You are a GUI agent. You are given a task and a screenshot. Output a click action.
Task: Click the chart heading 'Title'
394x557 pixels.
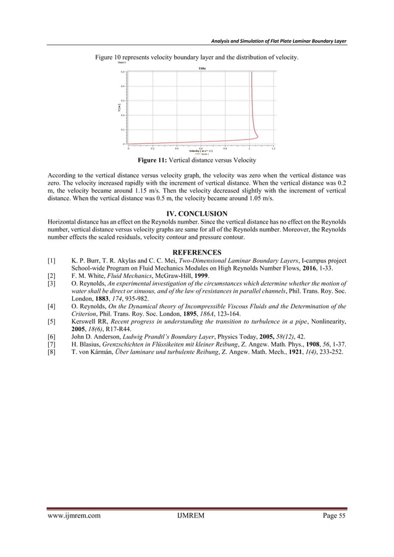[201, 68]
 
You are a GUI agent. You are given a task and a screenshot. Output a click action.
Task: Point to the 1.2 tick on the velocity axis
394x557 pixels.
[273, 148]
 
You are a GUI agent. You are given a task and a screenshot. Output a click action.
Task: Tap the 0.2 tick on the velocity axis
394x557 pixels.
[153, 148]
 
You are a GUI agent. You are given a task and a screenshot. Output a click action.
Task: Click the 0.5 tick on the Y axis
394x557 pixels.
[122, 72]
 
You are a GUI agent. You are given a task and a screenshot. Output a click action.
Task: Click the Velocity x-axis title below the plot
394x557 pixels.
[201, 151]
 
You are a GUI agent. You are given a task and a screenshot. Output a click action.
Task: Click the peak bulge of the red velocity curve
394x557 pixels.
[258, 136]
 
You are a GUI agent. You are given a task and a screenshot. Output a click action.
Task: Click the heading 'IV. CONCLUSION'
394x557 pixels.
[197, 214]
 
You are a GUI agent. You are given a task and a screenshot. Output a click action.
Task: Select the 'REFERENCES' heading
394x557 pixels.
[197, 253]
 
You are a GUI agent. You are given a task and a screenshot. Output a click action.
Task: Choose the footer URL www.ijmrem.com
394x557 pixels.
[74, 531]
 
